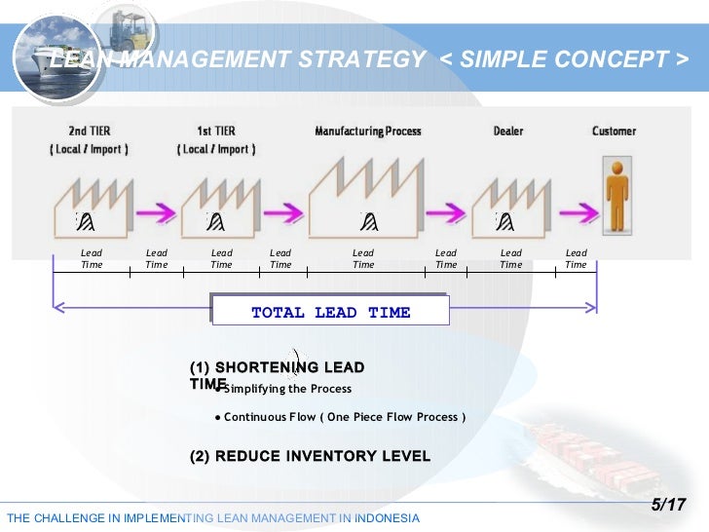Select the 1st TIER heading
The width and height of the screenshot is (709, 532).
pos(216,131)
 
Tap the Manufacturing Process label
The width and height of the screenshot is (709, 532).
pos(368,131)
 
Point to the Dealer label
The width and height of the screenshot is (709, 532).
pos(509,131)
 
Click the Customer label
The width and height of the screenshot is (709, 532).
pos(614,131)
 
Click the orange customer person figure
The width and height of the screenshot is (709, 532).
pos(616,196)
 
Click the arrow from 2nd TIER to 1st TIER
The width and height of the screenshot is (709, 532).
pos(154,210)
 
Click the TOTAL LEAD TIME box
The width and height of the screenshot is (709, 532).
pos(330,312)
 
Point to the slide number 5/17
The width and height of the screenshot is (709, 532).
pos(668,505)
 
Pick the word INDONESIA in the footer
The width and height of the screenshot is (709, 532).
pos(388,517)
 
